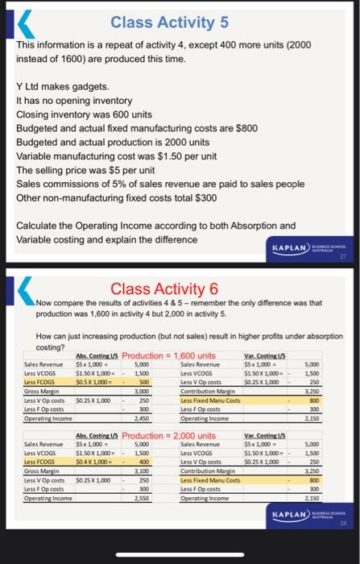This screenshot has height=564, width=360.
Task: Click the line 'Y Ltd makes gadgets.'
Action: (67, 86)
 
